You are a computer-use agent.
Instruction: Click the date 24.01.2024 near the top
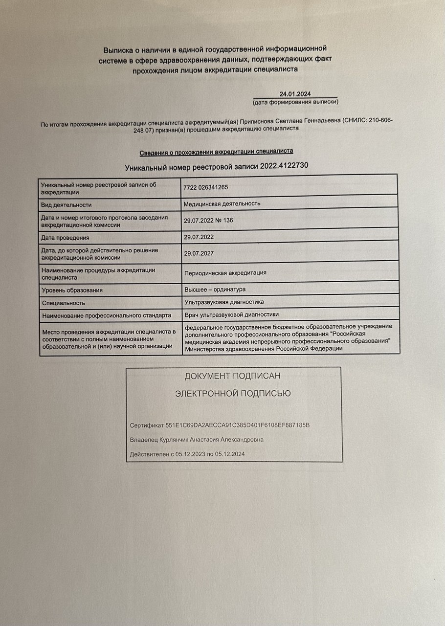(295, 94)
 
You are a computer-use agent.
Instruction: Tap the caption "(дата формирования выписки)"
(295, 102)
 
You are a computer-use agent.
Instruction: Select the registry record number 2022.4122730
(284, 167)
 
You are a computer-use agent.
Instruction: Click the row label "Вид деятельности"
(67, 205)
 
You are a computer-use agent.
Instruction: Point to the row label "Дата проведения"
(66, 238)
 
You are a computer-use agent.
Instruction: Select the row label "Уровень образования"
(72, 290)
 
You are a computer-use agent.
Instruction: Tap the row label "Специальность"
(64, 303)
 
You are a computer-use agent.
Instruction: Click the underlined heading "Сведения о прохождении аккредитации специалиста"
(217, 152)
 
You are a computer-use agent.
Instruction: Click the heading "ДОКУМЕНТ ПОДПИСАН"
(232, 376)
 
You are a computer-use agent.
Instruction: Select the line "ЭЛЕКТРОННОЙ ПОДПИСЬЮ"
(233, 393)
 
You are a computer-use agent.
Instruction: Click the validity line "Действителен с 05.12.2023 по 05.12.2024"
(187, 454)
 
